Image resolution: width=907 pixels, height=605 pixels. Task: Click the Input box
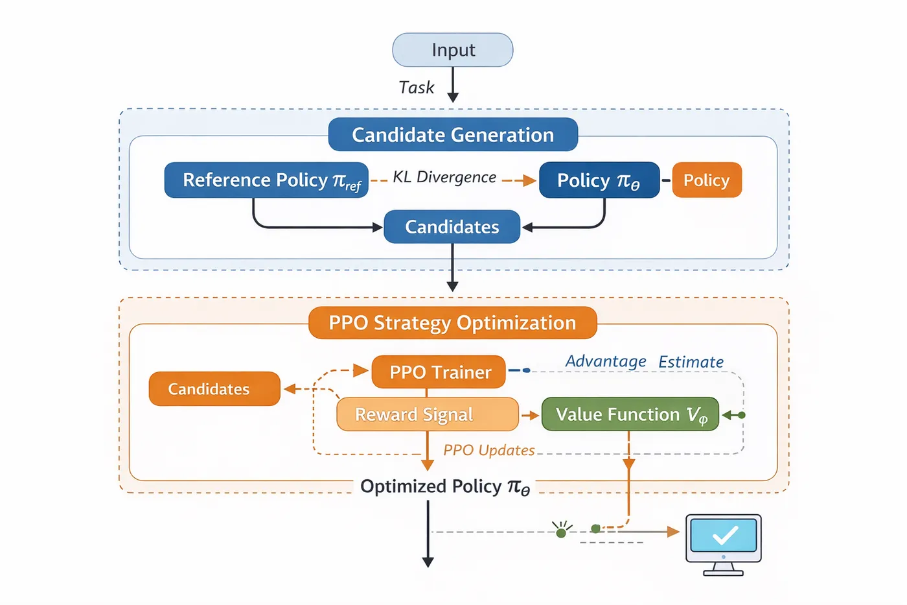click(x=453, y=50)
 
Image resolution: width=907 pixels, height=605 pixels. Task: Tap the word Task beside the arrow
click(x=416, y=88)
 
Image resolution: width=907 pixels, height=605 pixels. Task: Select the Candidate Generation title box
click(x=453, y=134)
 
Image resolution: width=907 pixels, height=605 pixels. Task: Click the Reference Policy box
click(x=266, y=180)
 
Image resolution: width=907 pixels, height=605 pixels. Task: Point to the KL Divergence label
click(x=444, y=177)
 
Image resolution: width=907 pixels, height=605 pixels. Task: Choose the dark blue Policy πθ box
click(x=599, y=180)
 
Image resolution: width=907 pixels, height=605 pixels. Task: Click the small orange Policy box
click(x=707, y=180)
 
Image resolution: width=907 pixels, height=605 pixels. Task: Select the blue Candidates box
click(x=452, y=227)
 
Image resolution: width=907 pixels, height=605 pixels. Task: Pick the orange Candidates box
click(x=214, y=389)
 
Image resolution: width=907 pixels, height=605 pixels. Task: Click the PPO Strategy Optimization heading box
click(x=453, y=323)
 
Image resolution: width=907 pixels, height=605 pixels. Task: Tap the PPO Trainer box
click(x=439, y=372)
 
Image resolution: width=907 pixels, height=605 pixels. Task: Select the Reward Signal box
click(x=428, y=414)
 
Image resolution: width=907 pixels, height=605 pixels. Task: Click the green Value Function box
click(x=630, y=414)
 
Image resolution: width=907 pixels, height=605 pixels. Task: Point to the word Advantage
click(x=606, y=361)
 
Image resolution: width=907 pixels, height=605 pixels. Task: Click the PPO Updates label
click(x=489, y=450)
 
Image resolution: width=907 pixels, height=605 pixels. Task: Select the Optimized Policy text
click(x=445, y=486)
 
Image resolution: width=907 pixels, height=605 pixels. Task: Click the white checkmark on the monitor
click(x=725, y=536)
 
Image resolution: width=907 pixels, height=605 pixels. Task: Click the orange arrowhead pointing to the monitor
click(x=673, y=532)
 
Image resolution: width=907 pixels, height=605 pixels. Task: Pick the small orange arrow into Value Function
click(x=531, y=415)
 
